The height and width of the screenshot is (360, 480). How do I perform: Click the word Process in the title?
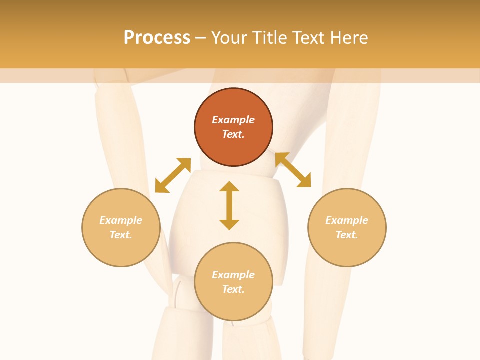pos(157,38)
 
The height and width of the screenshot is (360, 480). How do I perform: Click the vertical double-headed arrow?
pos(229,205)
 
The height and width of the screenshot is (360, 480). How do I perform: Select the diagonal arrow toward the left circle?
pos(173,175)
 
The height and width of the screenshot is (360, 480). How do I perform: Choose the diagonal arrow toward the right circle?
pos(293,170)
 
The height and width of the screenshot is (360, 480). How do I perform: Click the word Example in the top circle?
pos(233,120)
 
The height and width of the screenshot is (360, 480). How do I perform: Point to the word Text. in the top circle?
pos(233,134)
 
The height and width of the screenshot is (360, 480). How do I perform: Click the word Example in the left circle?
pos(121,220)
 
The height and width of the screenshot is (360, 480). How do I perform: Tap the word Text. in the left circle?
pos(121,235)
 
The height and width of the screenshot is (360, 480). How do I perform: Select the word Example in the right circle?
pos(347,220)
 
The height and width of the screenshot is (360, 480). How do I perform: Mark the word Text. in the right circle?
pos(347,235)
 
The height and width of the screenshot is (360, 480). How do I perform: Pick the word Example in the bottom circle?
pos(233,275)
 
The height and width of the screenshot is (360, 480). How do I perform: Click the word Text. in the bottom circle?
pos(233,289)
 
